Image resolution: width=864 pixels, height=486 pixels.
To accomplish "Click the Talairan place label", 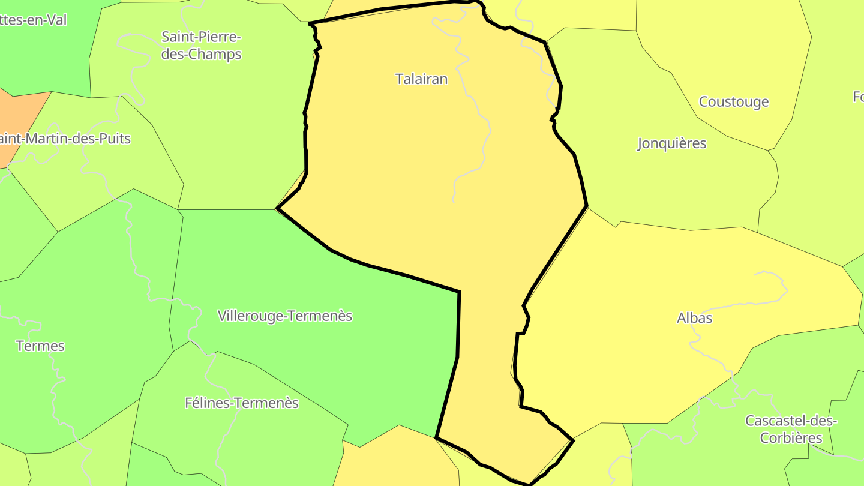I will [421, 79].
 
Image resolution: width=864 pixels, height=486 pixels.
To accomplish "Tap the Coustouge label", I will [733, 101].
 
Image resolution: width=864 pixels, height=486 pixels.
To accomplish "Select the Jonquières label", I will [671, 143].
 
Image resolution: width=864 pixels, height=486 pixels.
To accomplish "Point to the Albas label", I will [694, 317].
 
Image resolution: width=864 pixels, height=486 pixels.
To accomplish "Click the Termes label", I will [40, 346].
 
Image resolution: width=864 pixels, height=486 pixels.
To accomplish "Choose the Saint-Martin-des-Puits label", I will [65, 139].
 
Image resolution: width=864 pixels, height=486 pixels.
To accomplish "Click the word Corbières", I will [791, 437].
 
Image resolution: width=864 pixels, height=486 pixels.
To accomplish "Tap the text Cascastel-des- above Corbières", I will [791, 420].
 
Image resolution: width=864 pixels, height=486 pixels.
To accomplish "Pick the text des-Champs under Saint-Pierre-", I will [201, 54].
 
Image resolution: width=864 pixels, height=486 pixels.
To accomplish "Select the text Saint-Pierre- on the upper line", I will [201, 37].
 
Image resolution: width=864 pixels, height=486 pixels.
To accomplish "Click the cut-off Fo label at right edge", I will [858, 96].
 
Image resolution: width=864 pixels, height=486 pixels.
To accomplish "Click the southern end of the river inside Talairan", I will [454, 202].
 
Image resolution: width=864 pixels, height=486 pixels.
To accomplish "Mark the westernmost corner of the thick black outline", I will [277, 208].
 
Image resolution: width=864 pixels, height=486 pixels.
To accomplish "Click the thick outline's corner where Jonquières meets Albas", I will [586, 206].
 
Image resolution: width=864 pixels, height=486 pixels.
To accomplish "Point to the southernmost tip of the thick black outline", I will [529, 484].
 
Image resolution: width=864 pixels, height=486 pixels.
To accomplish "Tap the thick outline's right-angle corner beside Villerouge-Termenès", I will [459, 292].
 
